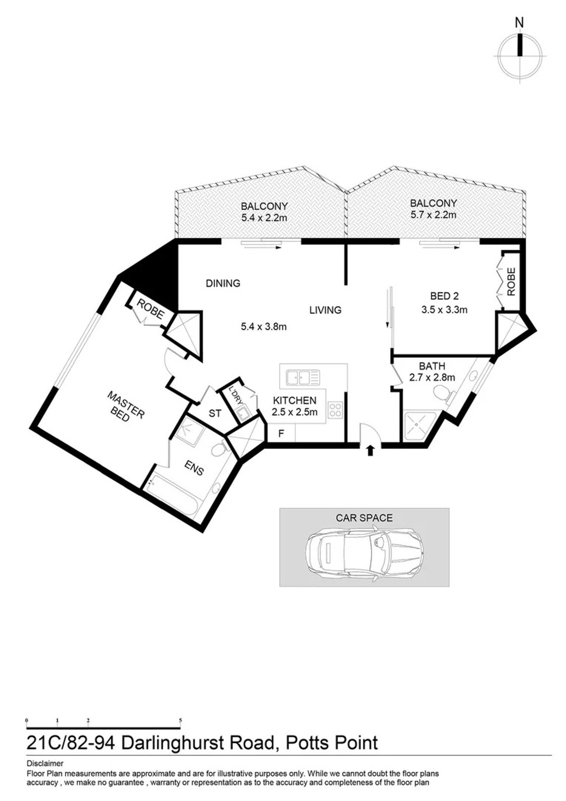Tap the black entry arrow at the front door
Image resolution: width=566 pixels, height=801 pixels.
[x=370, y=451]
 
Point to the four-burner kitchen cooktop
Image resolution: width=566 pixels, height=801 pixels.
[x=336, y=409]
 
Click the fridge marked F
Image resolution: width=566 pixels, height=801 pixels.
[x=281, y=434]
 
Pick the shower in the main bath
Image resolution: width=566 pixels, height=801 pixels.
[x=420, y=427]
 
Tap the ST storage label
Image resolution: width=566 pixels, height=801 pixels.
[x=215, y=413]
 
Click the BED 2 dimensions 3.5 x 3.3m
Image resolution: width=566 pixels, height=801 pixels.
[x=444, y=310]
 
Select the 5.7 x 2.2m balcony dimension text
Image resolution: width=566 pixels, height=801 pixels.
[x=433, y=215]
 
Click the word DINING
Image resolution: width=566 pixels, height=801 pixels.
[x=223, y=283]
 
